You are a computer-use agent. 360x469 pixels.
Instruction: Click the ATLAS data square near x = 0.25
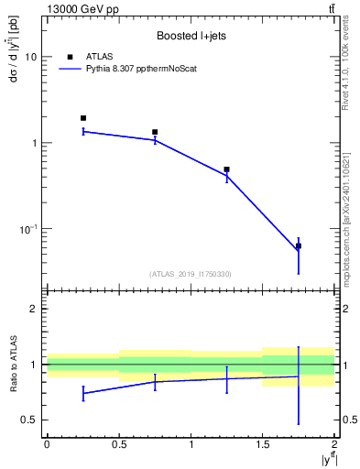(x=83, y=118)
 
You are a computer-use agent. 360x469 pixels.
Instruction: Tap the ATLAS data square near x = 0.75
(x=155, y=132)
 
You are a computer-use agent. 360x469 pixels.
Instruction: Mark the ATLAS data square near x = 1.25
(x=226, y=169)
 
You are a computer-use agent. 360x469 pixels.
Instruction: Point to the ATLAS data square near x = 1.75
(x=298, y=245)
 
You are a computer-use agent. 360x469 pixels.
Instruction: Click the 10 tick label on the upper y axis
(x=31, y=58)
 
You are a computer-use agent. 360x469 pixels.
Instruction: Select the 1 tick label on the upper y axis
(x=34, y=144)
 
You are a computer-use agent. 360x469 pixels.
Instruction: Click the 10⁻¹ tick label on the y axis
(x=27, y=229)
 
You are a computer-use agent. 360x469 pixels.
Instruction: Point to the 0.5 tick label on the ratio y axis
(x=29, y=420)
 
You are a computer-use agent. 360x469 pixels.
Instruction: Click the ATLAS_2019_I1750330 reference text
(x=191, y=274)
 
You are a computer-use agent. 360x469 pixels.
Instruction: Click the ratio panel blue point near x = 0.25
(x=83, y=393)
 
